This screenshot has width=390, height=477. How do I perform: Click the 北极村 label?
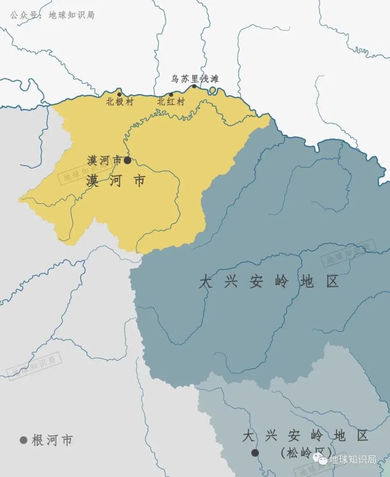point(120,102)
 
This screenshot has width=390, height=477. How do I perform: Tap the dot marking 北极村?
point(120,94)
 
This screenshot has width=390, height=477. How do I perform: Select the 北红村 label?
point(171,102)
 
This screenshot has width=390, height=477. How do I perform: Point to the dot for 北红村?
point(171,94)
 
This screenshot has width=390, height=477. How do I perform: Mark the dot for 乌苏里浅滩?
point(194,86)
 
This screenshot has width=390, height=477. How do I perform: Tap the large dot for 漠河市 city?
point(127,160)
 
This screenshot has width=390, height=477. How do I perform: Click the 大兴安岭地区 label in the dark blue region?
point(269,281)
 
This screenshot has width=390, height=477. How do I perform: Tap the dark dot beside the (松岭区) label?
point(255,452)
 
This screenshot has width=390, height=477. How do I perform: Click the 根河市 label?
point(52,440)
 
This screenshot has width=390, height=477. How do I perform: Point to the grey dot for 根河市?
point(23,440)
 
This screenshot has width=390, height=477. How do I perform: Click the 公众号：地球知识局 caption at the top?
point(52,15)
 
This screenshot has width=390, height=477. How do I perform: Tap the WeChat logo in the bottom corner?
point(322,459)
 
